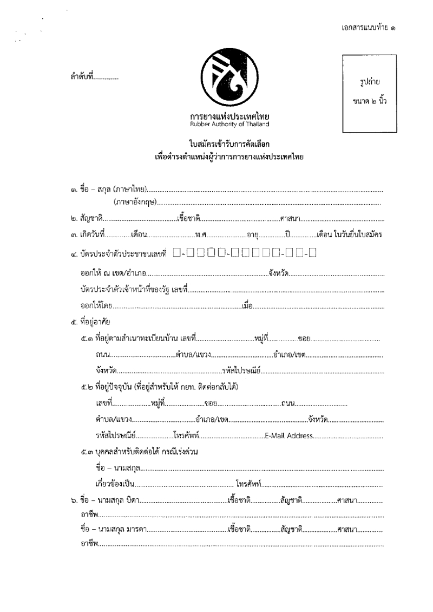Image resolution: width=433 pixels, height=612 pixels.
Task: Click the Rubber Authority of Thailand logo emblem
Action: tap(229, 80)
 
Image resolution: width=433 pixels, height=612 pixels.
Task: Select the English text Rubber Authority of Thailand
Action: tap(229, 124)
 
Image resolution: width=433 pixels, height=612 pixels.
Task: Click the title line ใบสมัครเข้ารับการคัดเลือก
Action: tap(229, 145)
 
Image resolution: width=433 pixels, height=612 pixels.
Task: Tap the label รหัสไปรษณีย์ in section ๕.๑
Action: tap(241, 372)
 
